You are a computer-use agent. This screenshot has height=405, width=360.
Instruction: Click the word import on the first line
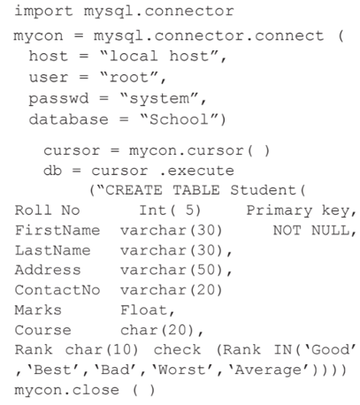[x=43, y=11]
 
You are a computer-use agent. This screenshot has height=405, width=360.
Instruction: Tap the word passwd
[x=58, y=99]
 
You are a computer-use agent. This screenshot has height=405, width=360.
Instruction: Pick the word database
[x=69, y=119]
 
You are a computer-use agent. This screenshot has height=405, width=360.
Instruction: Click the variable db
[x=52, y=171]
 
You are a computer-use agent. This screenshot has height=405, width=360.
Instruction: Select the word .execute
[x=197, y=171]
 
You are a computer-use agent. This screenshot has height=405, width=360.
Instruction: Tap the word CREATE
[x=134, y=190]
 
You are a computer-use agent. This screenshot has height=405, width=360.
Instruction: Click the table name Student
[x=263, y=190]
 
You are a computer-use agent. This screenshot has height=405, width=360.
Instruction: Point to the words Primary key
[x=298, y=210]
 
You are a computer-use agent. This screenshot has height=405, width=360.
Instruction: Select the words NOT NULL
[x=311, y=230]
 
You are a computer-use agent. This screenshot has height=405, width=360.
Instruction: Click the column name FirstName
[x=57, y=230]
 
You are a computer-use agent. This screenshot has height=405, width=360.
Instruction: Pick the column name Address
[x=48, y=270]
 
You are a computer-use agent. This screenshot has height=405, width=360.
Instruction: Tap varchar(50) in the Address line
[x=172, y=271]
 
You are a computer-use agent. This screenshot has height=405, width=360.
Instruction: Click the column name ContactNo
[x=57, y=290]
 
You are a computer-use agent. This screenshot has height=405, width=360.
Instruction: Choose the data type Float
[x=144, y=310]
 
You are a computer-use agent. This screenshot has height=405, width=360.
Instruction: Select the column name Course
[x=43, y=330]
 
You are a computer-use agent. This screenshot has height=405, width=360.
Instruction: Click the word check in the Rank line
[x=177, y=350]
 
